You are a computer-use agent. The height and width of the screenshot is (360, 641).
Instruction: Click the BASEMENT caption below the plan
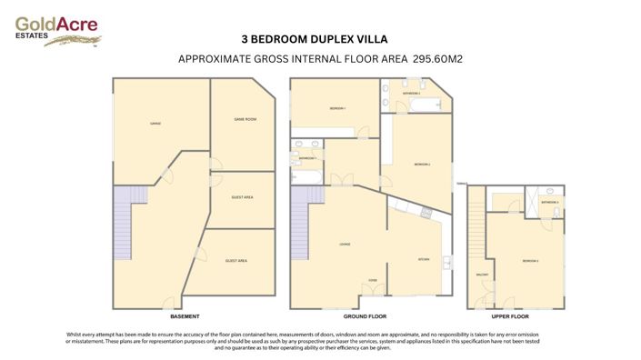pyautogui.click(x=185, y=315)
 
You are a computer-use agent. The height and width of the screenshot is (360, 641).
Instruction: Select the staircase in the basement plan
pyautogui.click(x=123, y=223)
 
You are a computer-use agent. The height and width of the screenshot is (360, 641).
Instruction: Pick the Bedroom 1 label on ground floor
pyautogui.click(x=337, y=108)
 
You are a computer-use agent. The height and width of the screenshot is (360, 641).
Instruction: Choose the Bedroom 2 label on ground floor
pyautogui.click(x=422, y=165)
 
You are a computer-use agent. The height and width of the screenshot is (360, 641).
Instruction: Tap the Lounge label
pyautogui.click(x=345, y=244)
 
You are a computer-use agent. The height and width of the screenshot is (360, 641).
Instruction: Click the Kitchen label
pyautogui.click(x=423, y=259)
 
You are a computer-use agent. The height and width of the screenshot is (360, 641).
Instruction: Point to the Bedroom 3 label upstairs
pyautogui.click(x=530, y=261)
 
